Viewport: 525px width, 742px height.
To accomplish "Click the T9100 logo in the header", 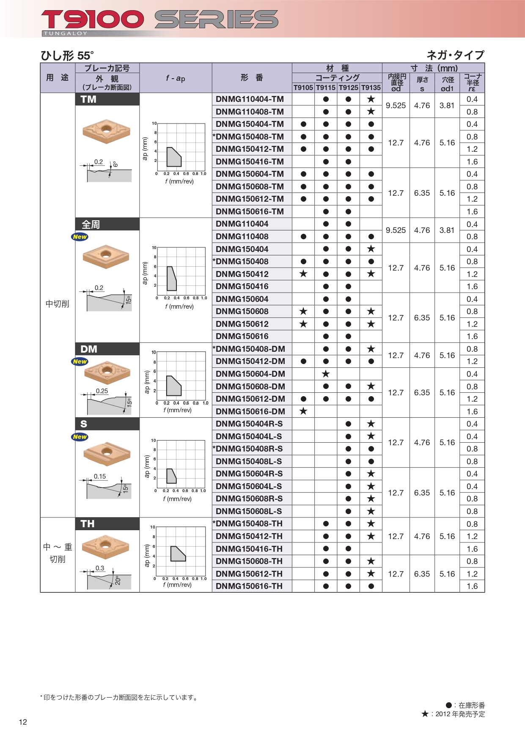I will point(93,20).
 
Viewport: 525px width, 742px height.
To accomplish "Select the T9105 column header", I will point(303,88).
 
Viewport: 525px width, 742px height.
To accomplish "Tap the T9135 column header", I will point(371,88).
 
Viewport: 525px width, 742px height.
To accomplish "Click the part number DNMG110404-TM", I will point(250,99).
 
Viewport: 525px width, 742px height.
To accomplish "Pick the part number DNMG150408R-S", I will point(249,449).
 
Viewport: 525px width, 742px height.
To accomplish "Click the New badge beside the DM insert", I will point(80,361).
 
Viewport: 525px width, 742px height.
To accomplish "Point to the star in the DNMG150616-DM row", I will point(303,411).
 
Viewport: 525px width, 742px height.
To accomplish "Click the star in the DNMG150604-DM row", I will point(326,374).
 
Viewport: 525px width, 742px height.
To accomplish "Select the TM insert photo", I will point(106,131).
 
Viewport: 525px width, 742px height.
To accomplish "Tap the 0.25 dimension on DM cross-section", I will point(102,391).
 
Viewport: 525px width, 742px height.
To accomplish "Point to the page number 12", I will point(23,722).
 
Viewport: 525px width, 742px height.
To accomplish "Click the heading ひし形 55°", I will point(67,56).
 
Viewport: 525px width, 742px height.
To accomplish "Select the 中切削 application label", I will point(58,304).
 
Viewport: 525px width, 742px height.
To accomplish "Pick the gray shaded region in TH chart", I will point(178,553).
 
